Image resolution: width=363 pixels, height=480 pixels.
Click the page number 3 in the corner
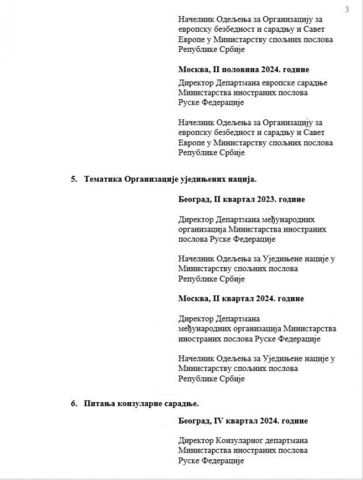pos(346,9)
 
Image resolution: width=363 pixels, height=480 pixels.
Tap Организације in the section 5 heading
pos(150,179)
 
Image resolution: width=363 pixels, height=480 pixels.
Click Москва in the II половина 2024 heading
pos(192,70)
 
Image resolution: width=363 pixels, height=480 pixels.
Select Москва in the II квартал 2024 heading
pos(192,299)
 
